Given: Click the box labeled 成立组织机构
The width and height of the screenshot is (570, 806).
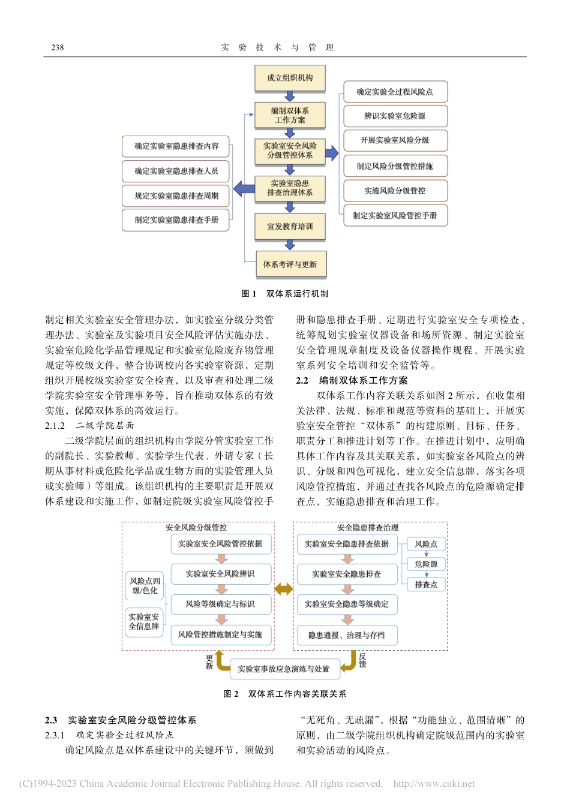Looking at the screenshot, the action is point(290,78).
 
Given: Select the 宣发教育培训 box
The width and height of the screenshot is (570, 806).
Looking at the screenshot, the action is point(290,227).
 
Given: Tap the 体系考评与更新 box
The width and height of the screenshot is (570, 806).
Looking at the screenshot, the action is point(290,264).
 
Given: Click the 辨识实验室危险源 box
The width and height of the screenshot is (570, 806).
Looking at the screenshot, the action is point(395,116).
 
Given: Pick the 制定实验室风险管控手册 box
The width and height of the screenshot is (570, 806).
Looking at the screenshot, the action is point(395,215).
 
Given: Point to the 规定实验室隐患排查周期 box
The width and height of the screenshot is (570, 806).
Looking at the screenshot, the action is point(176,196).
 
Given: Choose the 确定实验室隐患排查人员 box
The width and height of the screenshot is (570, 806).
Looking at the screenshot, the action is point(176,171).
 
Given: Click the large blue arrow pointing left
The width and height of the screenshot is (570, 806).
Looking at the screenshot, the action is point(244,188).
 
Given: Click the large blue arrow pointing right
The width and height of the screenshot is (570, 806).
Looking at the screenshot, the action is point(332,153).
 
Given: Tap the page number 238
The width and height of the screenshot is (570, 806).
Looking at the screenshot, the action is point(58,47).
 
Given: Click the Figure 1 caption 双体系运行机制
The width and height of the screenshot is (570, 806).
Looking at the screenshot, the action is point(285,294).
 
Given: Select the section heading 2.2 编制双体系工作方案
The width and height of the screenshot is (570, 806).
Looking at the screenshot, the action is point(352,380).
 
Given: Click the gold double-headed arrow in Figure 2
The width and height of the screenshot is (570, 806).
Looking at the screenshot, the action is point(284,589).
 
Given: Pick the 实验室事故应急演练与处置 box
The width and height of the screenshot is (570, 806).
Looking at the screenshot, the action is point(284,669).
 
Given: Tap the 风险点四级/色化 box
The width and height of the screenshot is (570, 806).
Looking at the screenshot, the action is point(145,586).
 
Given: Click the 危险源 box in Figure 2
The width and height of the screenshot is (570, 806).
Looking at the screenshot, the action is point(426,564).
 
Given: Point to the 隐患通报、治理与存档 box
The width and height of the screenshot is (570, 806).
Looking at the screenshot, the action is point(347,635).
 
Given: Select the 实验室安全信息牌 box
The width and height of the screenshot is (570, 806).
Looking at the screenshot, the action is point(144,622).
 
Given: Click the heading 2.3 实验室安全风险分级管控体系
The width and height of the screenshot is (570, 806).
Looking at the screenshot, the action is point(121,720).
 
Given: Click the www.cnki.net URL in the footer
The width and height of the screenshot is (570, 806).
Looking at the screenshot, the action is point(434,784).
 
